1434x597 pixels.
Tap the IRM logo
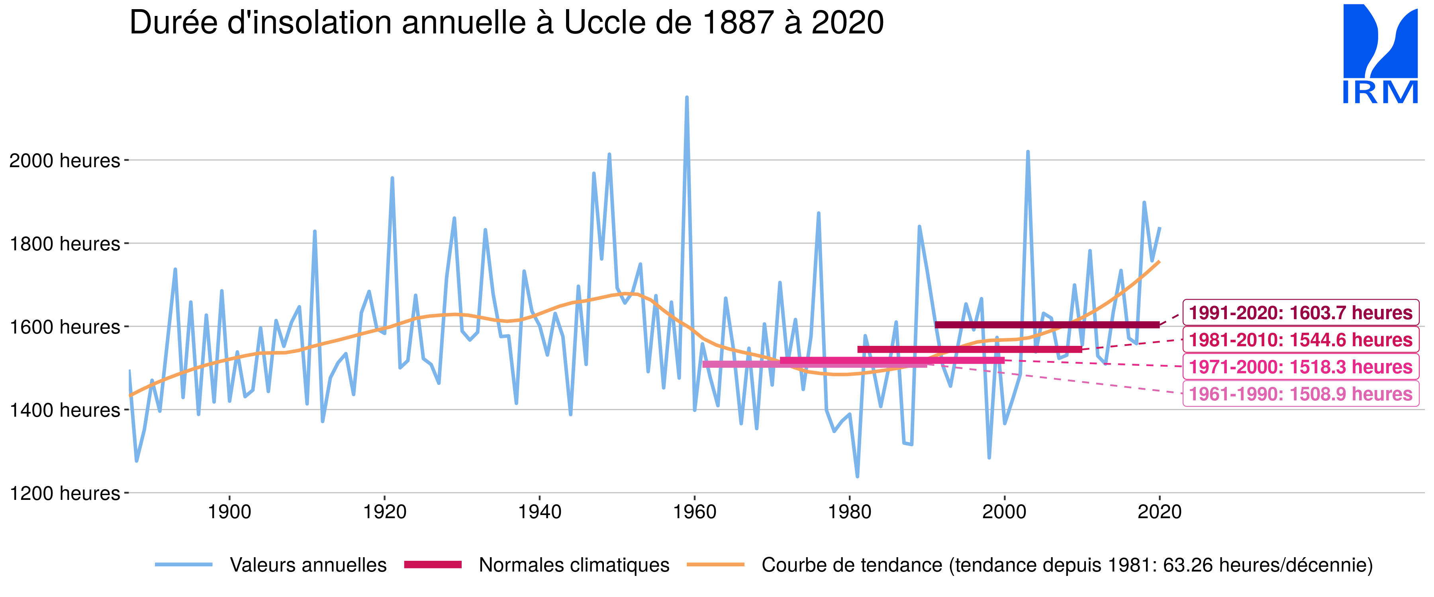tap(1380, 55)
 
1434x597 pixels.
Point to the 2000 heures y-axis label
tap(65, 161)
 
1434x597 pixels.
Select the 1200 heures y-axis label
tap(65, 494)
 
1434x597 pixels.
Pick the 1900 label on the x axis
tap(229, 512)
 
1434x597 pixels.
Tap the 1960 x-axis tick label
tap(695, 512)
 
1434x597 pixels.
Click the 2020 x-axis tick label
tap(1160, 512)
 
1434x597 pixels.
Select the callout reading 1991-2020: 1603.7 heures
tap(1301, 313)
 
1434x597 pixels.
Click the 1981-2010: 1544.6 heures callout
tap(1301, 340)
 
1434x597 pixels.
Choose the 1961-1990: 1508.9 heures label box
tap(1301, 394)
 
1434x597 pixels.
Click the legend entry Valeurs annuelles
tap(308, 565)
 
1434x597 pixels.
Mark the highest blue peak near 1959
tap(687, 98)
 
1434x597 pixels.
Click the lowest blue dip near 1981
tap(857, 476)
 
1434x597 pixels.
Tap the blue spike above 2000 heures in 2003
tap(1028, 152)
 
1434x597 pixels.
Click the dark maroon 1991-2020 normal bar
tap(1046, 325)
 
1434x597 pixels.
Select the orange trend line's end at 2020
tap(1159, 261)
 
